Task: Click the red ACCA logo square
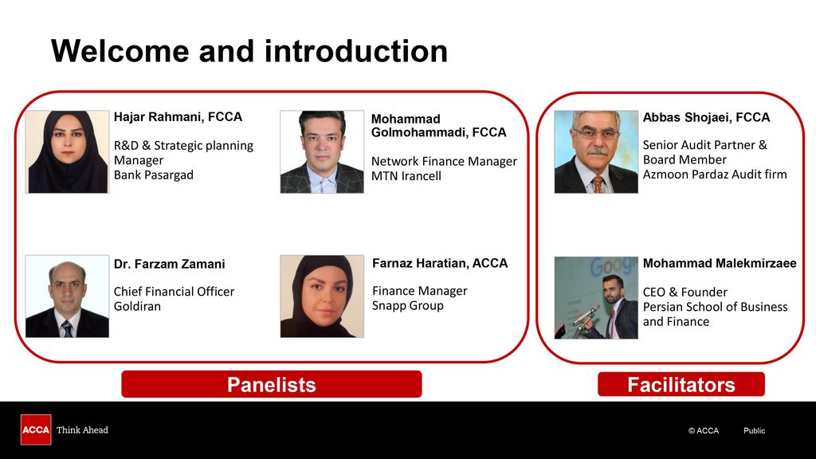[36, 430]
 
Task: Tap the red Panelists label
[272, 385]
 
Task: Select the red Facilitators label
[681, 385]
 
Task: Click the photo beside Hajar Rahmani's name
[67, 152]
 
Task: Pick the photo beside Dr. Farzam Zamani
[67, 296]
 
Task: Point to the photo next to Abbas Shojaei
[596, 152]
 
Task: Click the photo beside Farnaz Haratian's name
[322, 296]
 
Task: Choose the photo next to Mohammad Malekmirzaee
[596, 298]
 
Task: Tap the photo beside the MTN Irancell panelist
[322, 152]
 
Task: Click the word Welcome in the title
[120, 51]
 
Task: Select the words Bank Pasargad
[154, 175]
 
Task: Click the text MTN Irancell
[406, 176]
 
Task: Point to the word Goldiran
[137, 306]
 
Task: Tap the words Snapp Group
[407, 305]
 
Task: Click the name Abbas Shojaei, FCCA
[706, 118]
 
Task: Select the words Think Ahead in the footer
[82, 430]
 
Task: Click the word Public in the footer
[754, 430]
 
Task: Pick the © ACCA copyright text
[703, 430]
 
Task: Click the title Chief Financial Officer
[174, 292]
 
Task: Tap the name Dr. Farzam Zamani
[169, 264]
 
